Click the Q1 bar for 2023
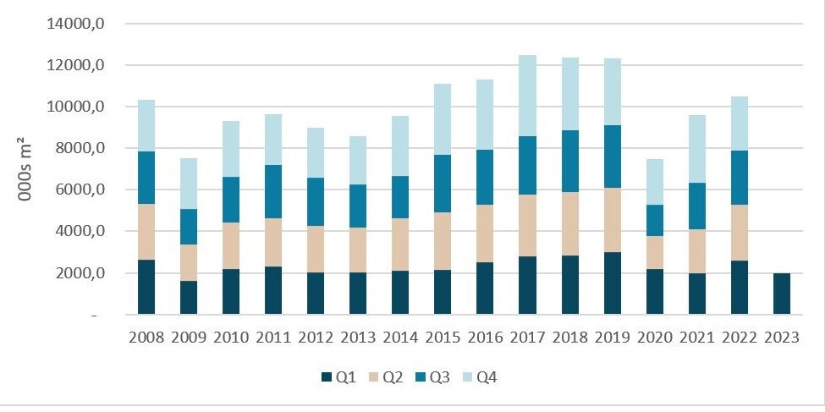[781, 294]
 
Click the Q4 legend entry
[487, 376]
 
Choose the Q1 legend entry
[336, 376]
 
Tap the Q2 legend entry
[387, 376]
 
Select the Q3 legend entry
[437, 376]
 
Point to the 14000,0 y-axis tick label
[76, 24]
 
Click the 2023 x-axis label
[781, 338]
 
